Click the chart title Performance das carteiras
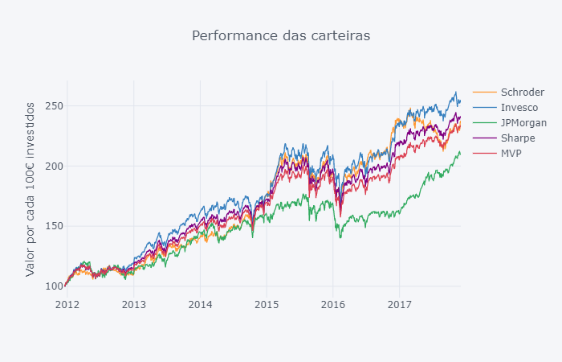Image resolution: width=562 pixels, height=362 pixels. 281,35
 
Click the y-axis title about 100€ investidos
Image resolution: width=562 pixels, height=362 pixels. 31,189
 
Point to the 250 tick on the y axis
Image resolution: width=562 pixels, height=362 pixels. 55,106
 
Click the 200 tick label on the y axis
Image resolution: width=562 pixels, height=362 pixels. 55,167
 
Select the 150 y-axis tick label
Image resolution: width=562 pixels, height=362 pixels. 55,226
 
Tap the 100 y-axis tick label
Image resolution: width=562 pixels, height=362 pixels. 55,286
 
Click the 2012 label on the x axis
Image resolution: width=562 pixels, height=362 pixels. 67,304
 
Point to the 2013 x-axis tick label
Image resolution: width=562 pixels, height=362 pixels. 134,304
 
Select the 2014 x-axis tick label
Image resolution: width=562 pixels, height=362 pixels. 201,304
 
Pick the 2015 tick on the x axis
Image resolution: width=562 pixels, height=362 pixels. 267,304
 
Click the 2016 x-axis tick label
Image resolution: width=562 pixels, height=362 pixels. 333,304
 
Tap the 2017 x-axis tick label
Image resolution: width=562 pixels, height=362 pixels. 400,304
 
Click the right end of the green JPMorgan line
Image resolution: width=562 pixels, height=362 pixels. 460,152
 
